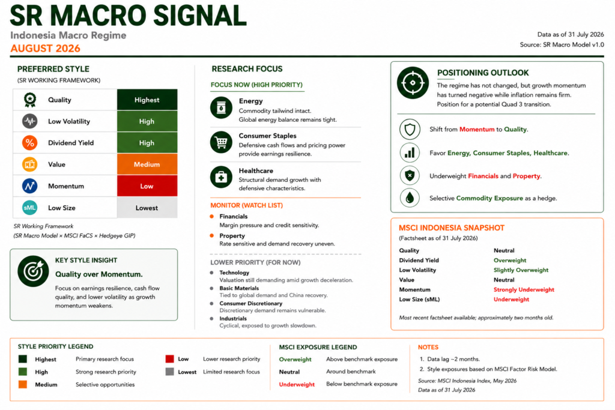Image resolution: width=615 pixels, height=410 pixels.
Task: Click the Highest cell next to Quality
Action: [x=147, y=100]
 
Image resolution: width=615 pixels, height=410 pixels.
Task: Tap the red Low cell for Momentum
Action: [x=147, y=186]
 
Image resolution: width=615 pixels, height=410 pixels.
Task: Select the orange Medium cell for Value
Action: [x=147, y=164]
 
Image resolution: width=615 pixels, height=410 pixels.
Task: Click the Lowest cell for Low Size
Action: [x=147, y=208]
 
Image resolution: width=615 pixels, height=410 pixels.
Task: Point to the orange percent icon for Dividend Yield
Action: [x=30, y=143]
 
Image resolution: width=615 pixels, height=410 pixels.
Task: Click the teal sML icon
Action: [x=30, y=208]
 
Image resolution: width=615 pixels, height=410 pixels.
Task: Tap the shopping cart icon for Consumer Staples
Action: [x=221, y=142]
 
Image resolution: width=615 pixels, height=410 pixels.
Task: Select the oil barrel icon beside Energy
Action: [x=221, y=107]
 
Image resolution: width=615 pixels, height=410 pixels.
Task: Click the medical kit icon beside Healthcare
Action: [x=221, y=177]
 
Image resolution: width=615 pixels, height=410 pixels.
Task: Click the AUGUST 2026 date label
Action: [x=45, y=48]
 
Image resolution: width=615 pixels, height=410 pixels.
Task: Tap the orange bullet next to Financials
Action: [x=212, y=216]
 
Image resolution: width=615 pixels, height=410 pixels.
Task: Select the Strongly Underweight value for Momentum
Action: [x=524, y=290]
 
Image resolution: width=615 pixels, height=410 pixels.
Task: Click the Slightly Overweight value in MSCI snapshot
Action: [x=521, y=270]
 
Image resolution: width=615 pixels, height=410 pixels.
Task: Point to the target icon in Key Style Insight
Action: [x=34, y=271]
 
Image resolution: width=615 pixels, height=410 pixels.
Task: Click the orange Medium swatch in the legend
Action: [x=23, y=385]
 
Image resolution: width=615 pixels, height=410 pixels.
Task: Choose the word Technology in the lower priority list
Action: [x=234, y=273]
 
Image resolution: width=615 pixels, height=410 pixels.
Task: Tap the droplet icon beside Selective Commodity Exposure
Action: [x=410, y=198]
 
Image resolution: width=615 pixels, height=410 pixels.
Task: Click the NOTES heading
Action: [x=428, y=348]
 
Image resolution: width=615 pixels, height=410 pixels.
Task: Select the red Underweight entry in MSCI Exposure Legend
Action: [x=297, y=385]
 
